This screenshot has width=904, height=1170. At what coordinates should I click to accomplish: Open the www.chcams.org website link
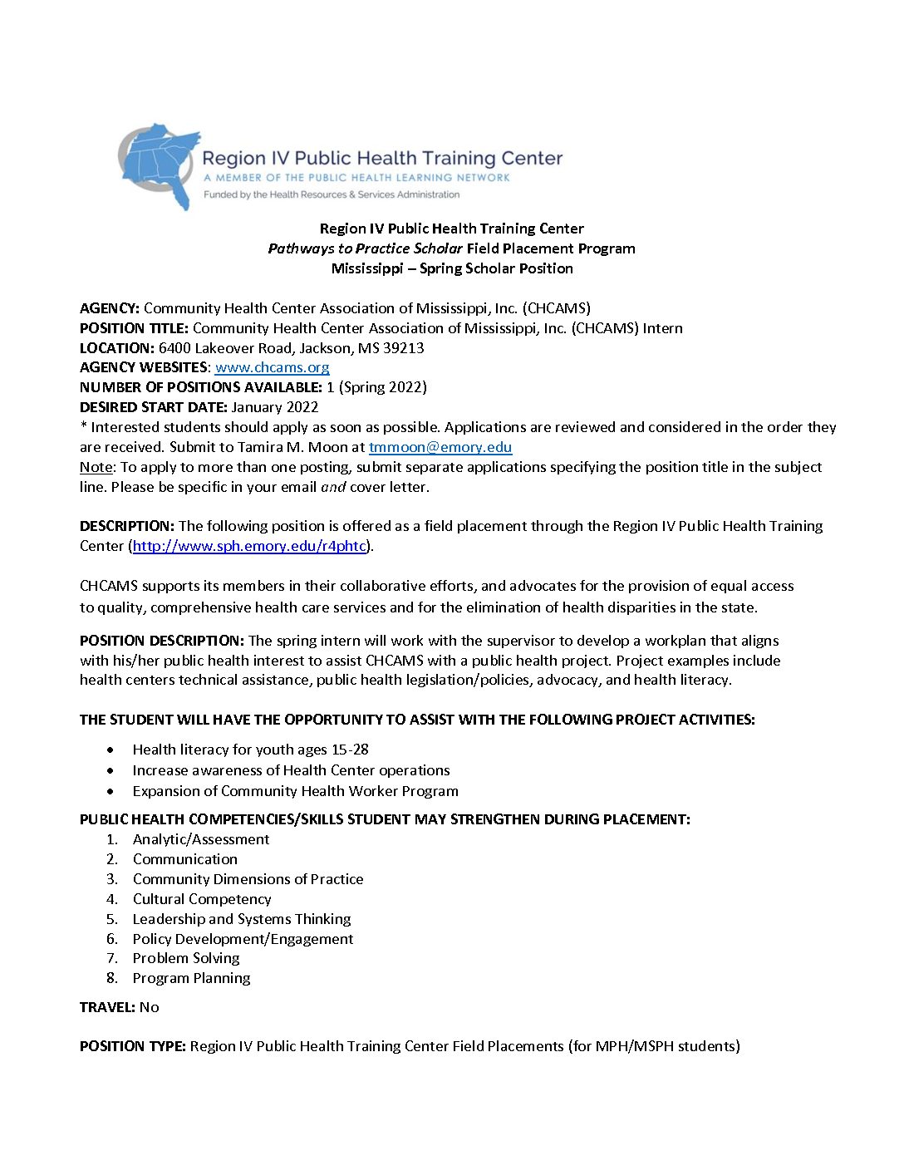[272, 367]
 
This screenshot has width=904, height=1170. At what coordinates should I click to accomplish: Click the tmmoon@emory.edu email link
[440, 447]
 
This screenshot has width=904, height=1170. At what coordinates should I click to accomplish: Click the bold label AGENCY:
[110, 308]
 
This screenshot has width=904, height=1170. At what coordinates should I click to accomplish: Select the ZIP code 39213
[403, 348]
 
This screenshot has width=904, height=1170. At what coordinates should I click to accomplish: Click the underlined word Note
[96, 467]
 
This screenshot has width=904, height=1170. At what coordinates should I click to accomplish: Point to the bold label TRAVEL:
[107, 1007]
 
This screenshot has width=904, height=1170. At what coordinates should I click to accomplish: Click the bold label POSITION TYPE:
[132, 1046]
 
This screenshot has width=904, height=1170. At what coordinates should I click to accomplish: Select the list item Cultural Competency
[202, 899]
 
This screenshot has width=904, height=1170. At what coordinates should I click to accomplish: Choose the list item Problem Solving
[186, 958]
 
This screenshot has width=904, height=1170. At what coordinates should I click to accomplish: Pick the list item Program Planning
[191, 978]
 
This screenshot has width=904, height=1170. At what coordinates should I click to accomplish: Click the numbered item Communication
[184, 859]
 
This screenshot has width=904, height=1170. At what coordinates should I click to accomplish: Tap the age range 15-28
[350, 750]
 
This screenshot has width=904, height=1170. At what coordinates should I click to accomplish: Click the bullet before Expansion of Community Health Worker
[111, 791]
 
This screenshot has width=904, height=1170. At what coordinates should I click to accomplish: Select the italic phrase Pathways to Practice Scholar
[365, 248]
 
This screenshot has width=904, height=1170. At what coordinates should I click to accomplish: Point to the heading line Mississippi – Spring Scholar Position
[452, 268]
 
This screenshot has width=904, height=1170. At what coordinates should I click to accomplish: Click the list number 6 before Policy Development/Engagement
[112, 939]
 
